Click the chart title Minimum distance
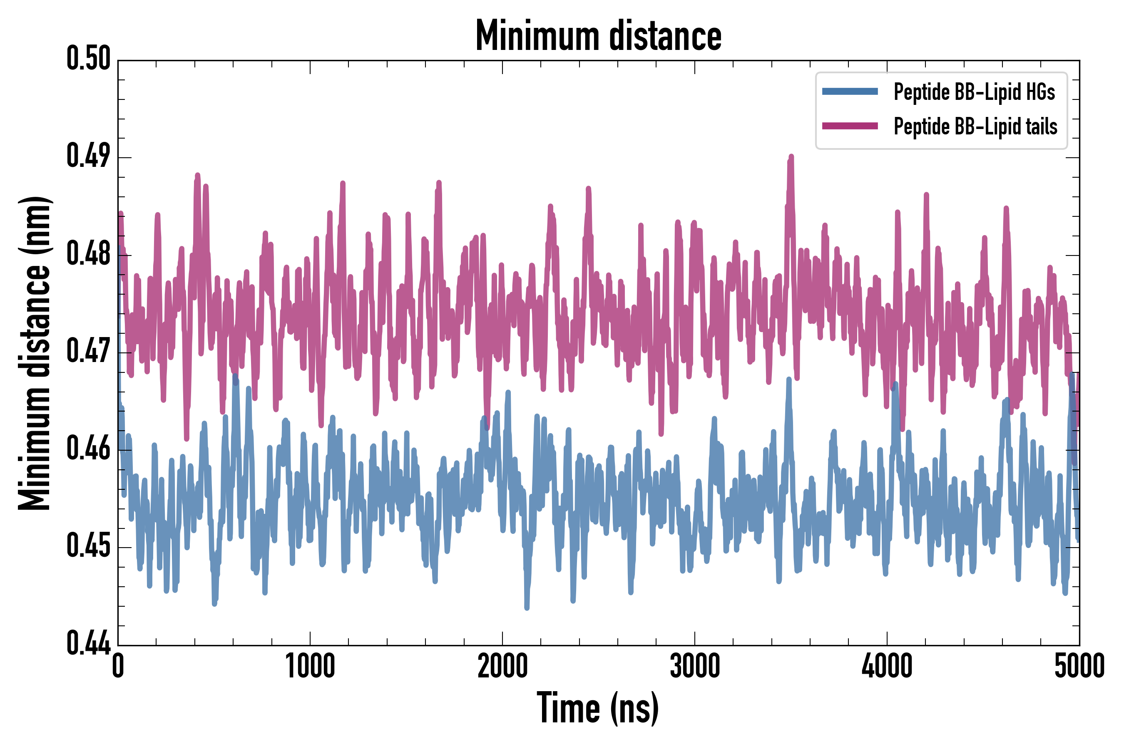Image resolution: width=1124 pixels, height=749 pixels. point(598,36)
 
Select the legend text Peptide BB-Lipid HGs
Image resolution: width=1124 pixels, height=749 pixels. point(974,92)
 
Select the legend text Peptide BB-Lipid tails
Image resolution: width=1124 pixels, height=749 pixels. point(975,126)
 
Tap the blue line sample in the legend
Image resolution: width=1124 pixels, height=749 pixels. point(850,92)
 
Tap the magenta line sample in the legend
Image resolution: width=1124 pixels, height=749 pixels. point(850,126)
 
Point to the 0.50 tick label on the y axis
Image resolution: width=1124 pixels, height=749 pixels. point(88,59)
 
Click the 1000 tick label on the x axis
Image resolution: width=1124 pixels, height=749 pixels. point(310,666)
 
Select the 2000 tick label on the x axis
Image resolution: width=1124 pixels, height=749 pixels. point(502,666)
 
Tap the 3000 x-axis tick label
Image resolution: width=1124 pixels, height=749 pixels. point(695,666)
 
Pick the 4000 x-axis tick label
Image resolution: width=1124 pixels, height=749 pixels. point(887,666)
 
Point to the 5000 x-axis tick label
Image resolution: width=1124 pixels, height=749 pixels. point(1079,666)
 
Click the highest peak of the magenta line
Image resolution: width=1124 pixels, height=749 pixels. point(791,156)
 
